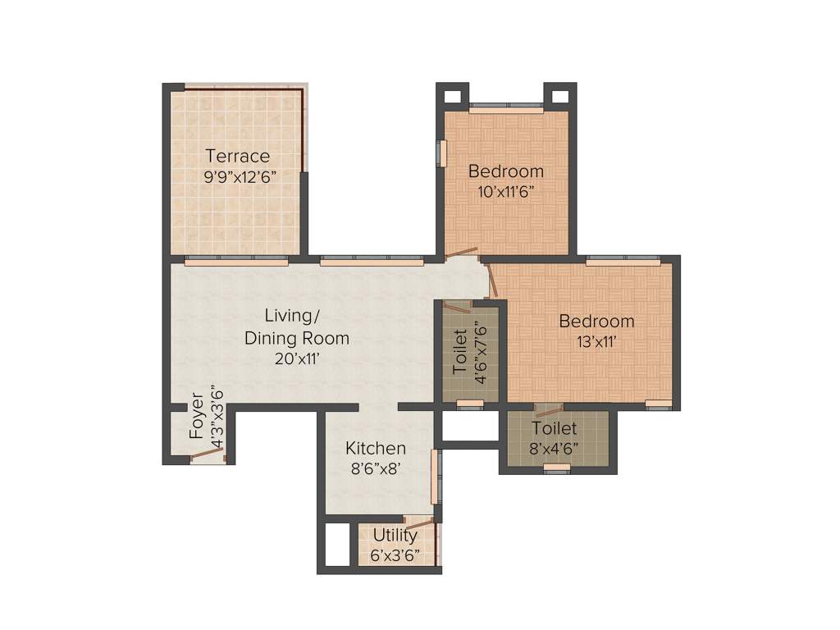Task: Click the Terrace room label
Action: [237, 156]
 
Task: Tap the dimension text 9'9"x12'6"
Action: [237, 176]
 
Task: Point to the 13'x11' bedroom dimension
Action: [596, 341]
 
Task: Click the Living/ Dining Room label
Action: [296, 326]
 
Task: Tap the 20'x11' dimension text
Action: [296, 358]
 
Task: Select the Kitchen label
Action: [375, 449]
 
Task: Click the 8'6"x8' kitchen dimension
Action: [375, 470]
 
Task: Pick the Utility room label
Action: [395, 535]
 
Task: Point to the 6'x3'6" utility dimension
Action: [395, 555]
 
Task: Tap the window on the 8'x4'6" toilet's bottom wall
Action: [556, 468]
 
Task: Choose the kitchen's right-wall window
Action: [436, 476]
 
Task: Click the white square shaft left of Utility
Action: [337, 544]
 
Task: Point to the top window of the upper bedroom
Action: [506, 106]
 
